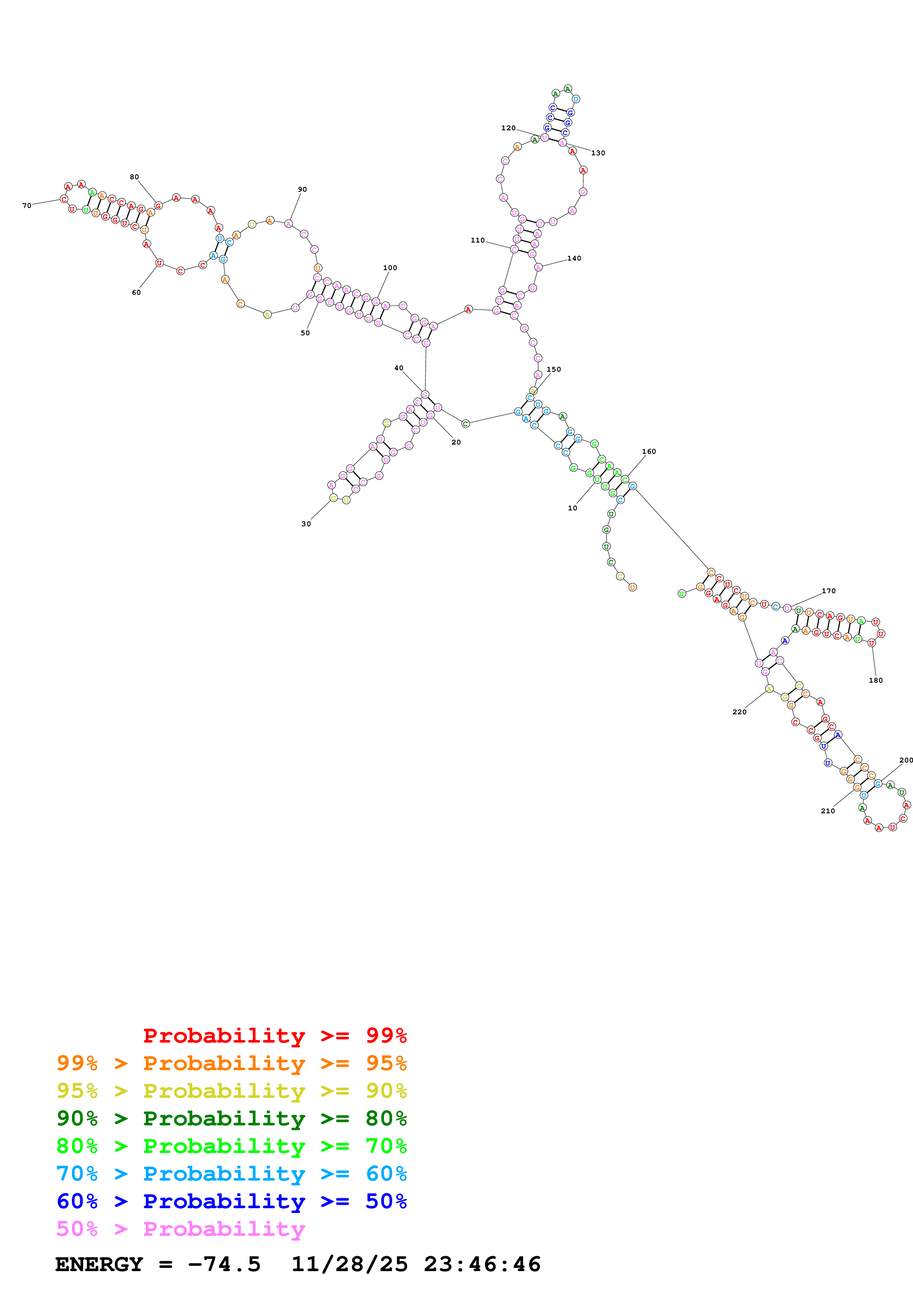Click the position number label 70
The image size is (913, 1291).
click(x=27, y=206)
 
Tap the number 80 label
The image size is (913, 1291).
click(x=134, y=177)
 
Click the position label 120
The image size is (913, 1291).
click(x=509, y=128)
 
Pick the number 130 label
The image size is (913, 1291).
click(x=598, y=153)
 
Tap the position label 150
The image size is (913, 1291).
click(x=554, y=369)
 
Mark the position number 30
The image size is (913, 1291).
click(x=306, y=524)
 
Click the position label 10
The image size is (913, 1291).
click(x=572, y=508)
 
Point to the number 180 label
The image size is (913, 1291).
click(x=876, y=680)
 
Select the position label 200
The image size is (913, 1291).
click(x=906, y=760)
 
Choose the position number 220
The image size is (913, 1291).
click(x=739, y=712)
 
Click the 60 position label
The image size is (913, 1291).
click(x=136, y=292)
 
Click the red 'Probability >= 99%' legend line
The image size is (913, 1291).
click(x=274, y=1035)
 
